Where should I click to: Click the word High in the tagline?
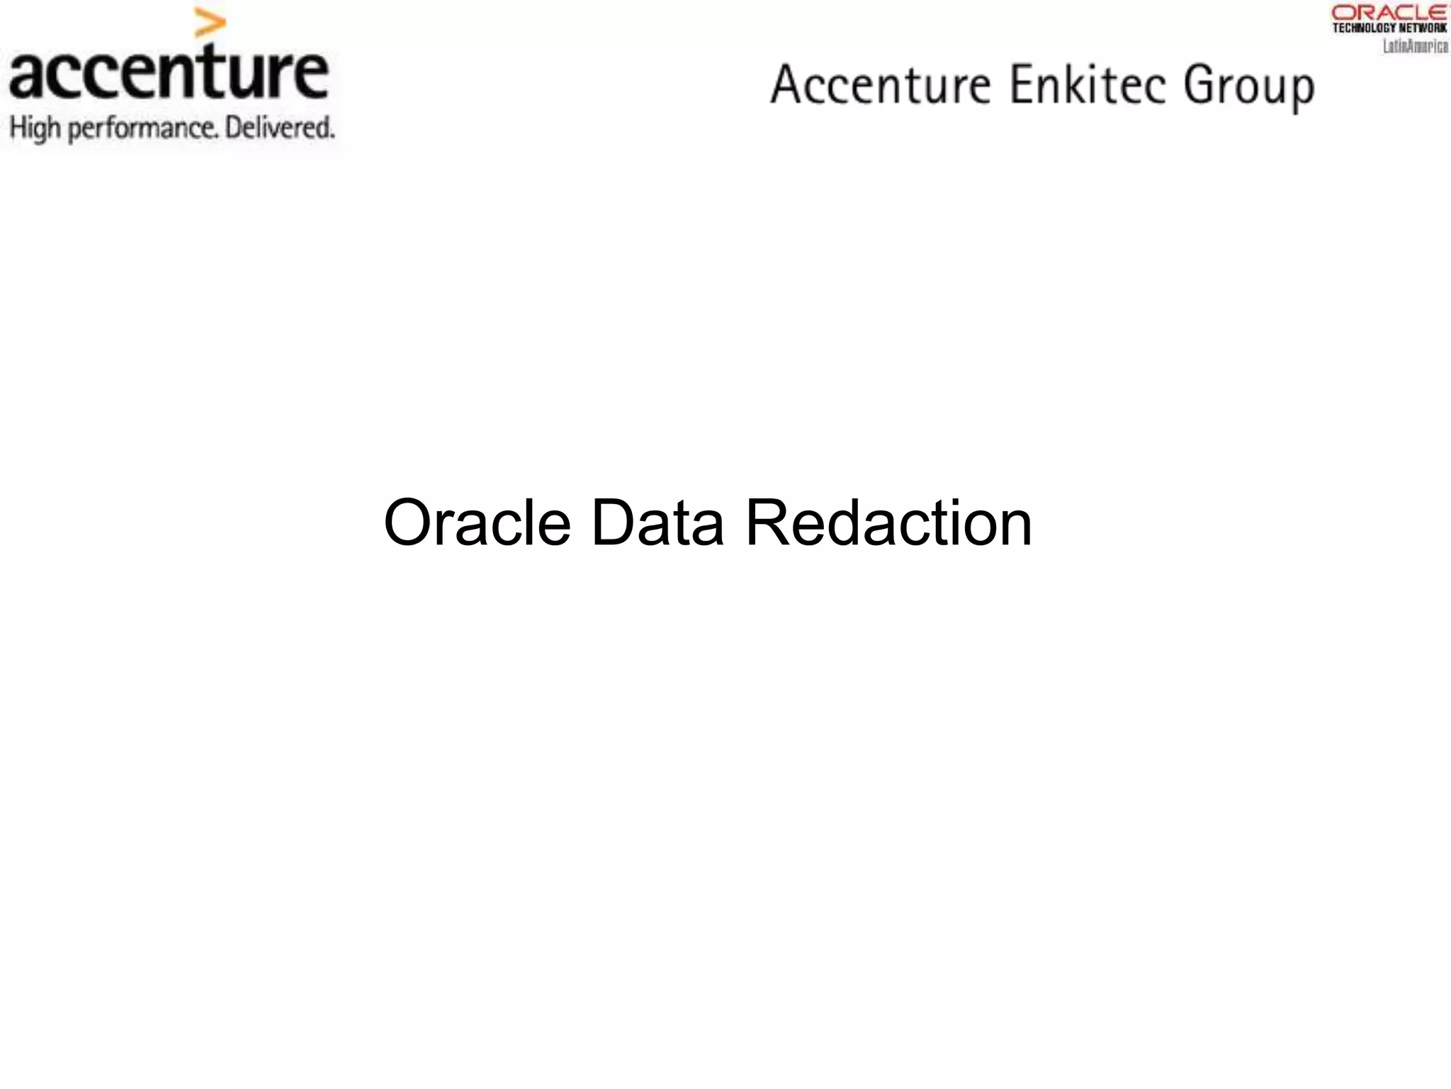[35, 129]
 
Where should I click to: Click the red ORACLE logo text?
[1389, 13]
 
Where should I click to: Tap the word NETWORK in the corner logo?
[1423, 28]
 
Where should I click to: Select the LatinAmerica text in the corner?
[1415, 46]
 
